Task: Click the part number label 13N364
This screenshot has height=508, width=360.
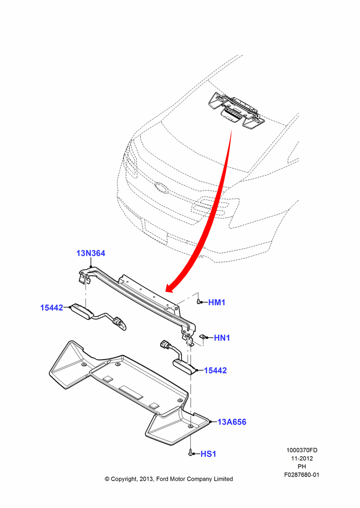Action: [91, 253]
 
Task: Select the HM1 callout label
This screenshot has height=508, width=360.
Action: [217, 302]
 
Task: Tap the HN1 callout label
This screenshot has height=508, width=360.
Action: [222, 338]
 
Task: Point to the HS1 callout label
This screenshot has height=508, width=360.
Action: [208, 454]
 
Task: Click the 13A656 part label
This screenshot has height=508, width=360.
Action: [232, 422]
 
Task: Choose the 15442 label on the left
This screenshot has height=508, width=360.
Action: [51, 307]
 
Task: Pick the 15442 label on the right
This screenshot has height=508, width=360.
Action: [216, 370]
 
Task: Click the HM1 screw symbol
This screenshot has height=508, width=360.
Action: [198, 302]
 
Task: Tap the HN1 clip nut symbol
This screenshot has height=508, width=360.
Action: [204, 338]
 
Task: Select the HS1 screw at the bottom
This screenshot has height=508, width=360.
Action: [190, 453]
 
